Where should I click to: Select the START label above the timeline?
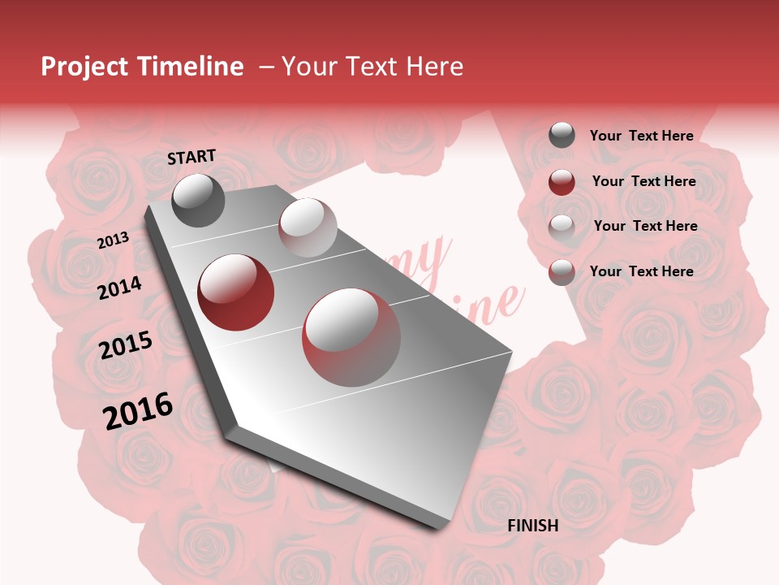pyautogui.click(x=192, y=157)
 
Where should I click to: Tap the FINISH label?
pyautogui.click(x=533, y=526)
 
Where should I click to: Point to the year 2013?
pyautogui.click(x=113, y=240)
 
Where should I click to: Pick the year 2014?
pyautogui.click(x=120, y=288)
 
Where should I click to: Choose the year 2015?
pyautogui.click(x=126, y=345)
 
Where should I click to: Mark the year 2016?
pyautogui.click(x=138, y=411)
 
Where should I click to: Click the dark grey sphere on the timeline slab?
pyautogui.click(x=199, y=200)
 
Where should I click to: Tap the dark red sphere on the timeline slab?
pyautogui.click(x=236, y=292)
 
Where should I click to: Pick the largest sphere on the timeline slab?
pyautogui.click(x=351, y=337)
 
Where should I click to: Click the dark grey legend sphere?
pyautogui.click(x=562, y=136)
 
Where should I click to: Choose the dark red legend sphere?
pyautogui.click(x=562, y=182)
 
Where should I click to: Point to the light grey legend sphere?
pyautogui.click(x=562, y=227)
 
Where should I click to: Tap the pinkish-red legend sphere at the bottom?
pyautogui.click(x=562, y=272)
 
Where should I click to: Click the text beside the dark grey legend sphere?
pyautogui.click(x=642, y=136)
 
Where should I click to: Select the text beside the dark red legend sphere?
pyautogui.click(x=644, y=181)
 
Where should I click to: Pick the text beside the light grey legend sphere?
pyautogui.click(x=646, y=226)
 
